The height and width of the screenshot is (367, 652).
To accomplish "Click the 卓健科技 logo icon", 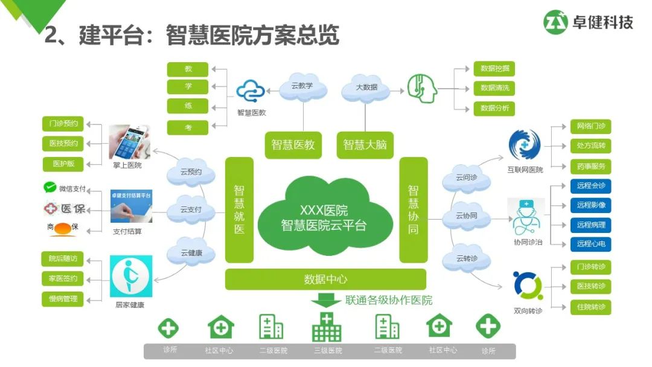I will coord(556,22).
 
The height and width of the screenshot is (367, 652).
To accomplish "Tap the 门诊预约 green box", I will coord(63,124).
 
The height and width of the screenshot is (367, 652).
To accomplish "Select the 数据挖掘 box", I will coord(494,69).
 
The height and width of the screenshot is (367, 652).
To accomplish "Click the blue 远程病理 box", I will coord(590,225).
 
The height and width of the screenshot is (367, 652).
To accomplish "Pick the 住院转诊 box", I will coord(590,307).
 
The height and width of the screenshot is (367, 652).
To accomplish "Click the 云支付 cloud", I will coord(191,210).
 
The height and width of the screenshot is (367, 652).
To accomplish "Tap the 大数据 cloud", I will coord(366,88).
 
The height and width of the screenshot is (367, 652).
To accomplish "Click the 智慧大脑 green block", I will coord(365,145).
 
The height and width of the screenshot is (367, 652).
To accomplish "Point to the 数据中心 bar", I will coord(325,279).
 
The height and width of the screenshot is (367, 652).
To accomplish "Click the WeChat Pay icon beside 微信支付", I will coord(50,188).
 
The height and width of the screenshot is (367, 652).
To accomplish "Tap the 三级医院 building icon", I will coord(327,328).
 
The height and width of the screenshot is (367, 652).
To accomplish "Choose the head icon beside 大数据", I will coord(421,88).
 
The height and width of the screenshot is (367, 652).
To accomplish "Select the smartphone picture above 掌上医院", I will coord(129,142).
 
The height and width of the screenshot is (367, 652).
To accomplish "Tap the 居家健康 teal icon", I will coord(130,276).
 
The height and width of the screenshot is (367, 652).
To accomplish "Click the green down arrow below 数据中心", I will coord(327,299).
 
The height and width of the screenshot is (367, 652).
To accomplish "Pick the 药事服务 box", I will coord(590,166).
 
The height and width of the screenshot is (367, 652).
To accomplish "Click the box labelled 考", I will coord(188,127).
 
